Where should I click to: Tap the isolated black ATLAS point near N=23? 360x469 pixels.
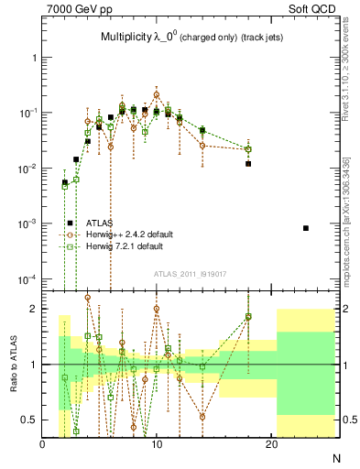pyautogui.click(x=306, y=228)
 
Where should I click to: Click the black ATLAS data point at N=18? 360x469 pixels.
pyautogui.click(x=248, y=164)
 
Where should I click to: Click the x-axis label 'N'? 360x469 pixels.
pyautogui.click(x=335, y=456)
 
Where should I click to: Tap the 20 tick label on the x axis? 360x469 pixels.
pyautogui.click(x=271, y=444)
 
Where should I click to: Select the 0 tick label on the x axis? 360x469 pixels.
pyautogui.click(x=43, y=444)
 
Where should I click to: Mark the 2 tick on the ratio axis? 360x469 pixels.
pyautogui.click(x=35, y=309)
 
